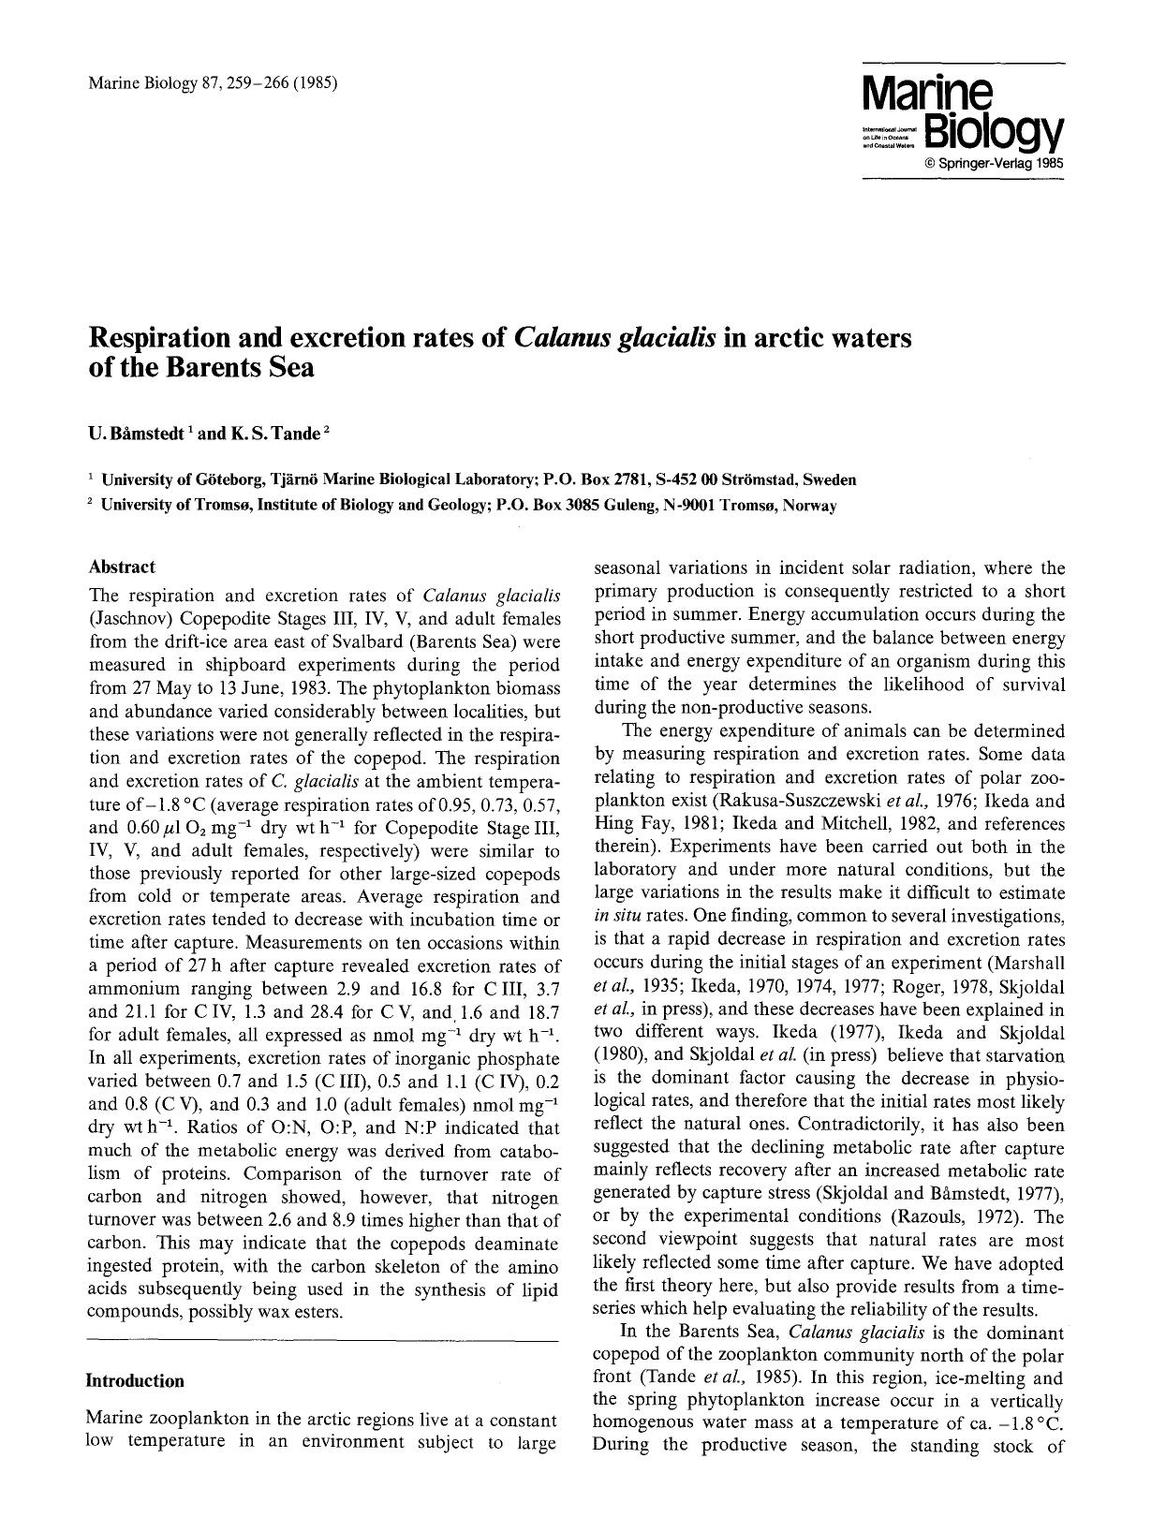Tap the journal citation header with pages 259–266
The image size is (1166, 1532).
[213, 83]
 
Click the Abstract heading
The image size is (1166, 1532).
[122, 567]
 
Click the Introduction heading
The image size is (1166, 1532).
[135, 1380]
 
